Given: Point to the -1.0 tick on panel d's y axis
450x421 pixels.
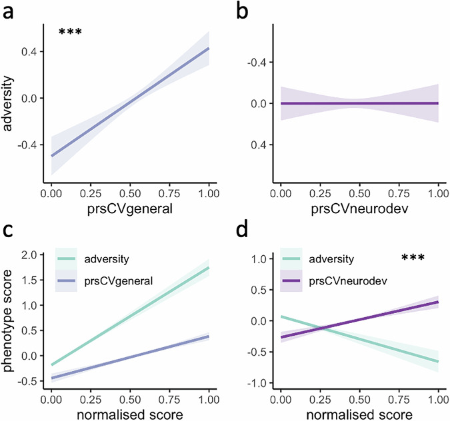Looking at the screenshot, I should click(260, 383).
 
